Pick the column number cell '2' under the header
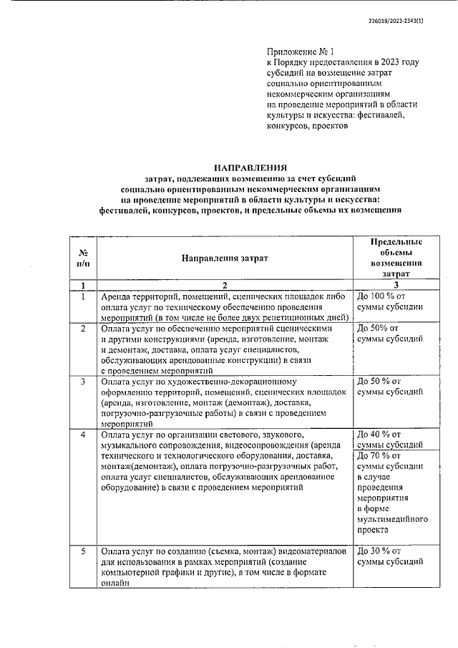click(224, 285)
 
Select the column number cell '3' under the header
click(395, 285)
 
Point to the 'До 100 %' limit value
click(381, 296)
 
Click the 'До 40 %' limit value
click(376, 435)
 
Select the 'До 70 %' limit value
click(376, 455)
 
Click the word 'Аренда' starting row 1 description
click(117, 296)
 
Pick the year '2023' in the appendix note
click(387, 63)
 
